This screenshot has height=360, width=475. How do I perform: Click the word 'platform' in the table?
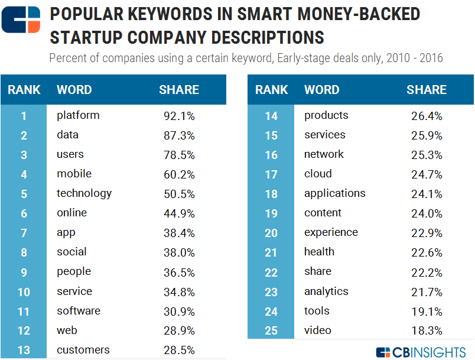point(78,115)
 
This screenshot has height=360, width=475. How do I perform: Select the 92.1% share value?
point(179,116)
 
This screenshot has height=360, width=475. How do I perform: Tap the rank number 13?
point(24,351)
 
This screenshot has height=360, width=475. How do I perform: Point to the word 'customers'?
point(83,350)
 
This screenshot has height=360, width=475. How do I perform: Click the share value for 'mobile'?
point(179,174)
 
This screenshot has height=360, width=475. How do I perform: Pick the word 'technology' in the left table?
point(84,193)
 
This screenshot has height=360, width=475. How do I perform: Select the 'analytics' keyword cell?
point(326,291)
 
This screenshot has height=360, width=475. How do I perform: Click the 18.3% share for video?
point(427,330)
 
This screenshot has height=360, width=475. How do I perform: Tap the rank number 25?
point(271,330)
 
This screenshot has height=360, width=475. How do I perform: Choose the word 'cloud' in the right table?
point(318,174)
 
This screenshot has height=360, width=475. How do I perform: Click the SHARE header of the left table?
point(179,90)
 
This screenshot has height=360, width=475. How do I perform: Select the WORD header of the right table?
point(321,90)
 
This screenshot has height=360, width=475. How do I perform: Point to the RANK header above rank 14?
point(271,90)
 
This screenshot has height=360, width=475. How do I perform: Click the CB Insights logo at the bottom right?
point(421,352)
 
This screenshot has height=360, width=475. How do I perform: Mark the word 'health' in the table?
point(319,252)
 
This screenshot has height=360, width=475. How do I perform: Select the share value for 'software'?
point(179,312)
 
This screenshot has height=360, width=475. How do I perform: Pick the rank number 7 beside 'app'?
point(24,233)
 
